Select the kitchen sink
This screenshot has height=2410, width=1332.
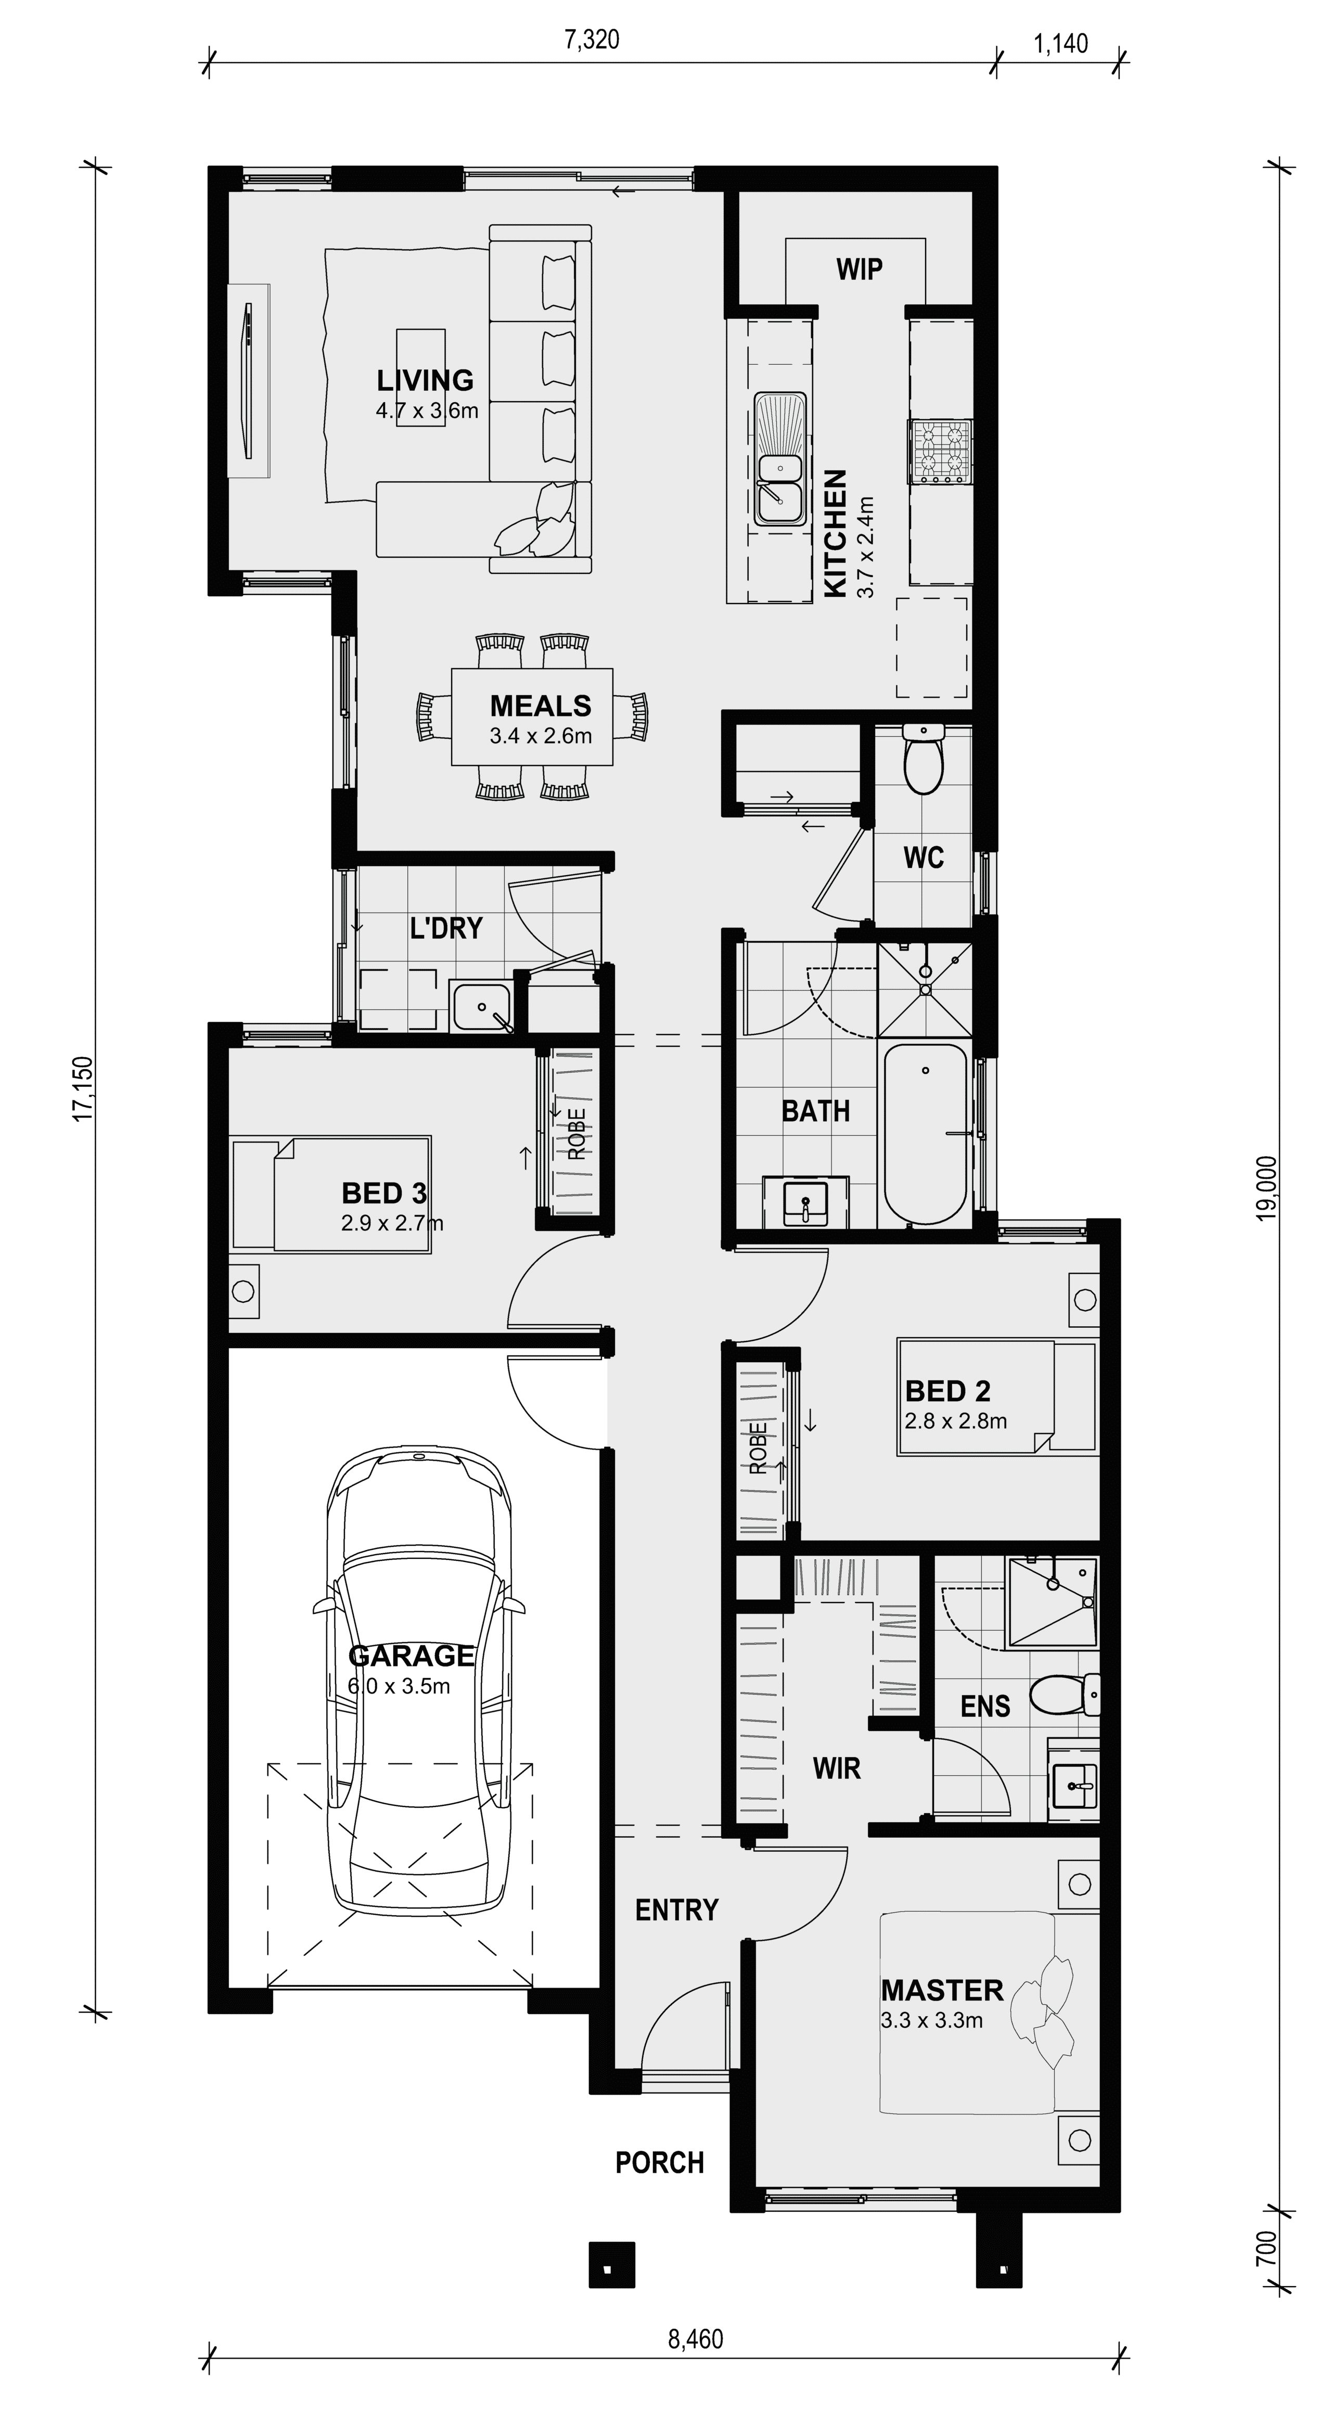(780, 458)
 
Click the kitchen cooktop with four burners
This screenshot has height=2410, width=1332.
(940, 452)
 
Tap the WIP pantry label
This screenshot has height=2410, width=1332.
(859, 270)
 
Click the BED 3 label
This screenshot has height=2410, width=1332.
(385, 1193)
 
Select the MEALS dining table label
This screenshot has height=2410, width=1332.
(541, 706)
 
